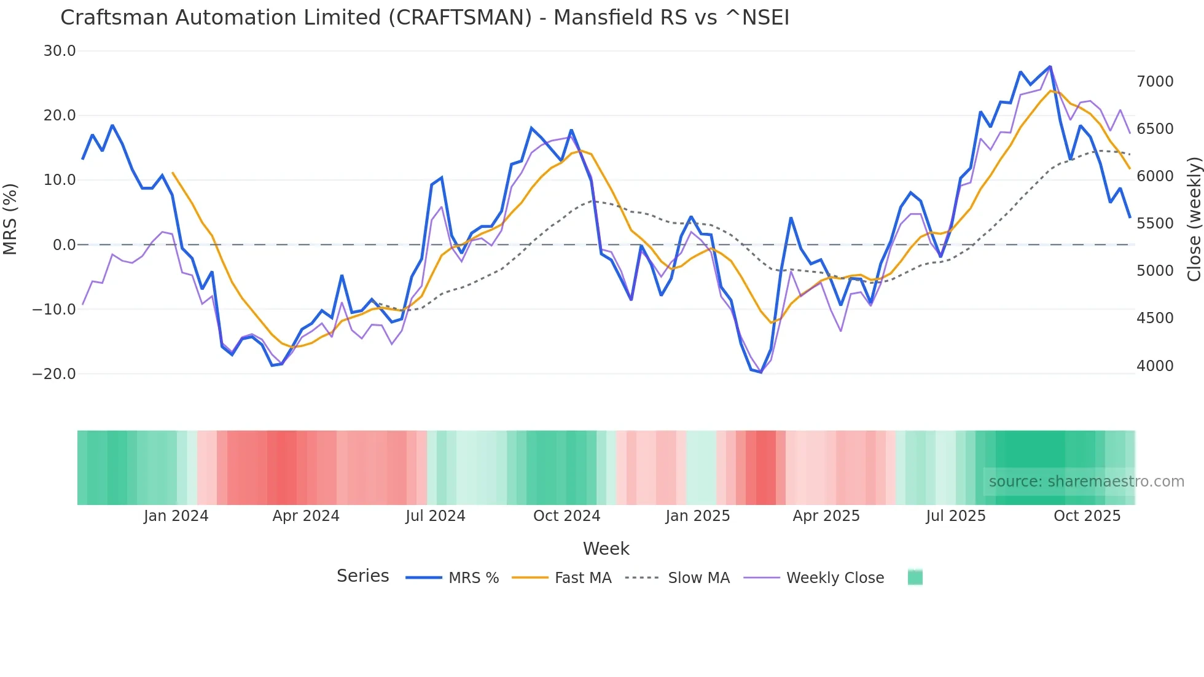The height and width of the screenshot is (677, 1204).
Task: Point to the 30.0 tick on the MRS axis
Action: (60, 51)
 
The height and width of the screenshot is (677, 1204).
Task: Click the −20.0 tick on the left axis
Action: (54, 374)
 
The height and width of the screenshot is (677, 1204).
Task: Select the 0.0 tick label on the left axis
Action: (64, 245)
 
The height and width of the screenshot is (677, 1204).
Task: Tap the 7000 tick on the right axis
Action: (1155, 81)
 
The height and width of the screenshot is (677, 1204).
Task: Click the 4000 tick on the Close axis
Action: (1155, 366)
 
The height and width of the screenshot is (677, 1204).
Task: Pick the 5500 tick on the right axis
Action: (1155, 223)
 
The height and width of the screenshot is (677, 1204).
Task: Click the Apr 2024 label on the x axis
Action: (306, 516)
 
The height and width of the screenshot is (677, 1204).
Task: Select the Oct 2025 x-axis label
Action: (1087, 516)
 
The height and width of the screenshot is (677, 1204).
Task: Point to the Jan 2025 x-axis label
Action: (697, 516)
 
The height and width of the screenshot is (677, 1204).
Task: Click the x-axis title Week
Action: (606, 549)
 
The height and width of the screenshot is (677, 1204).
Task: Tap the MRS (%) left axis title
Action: (10, 219)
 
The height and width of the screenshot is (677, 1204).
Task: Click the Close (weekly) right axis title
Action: (1194, 219)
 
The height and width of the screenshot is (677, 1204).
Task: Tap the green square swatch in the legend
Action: (915, 577)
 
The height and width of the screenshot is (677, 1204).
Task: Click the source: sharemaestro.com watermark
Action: (1086, 482)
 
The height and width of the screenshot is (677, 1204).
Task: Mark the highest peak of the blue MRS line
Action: (1050, 66)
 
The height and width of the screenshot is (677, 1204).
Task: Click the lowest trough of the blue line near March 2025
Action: (761, 372)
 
